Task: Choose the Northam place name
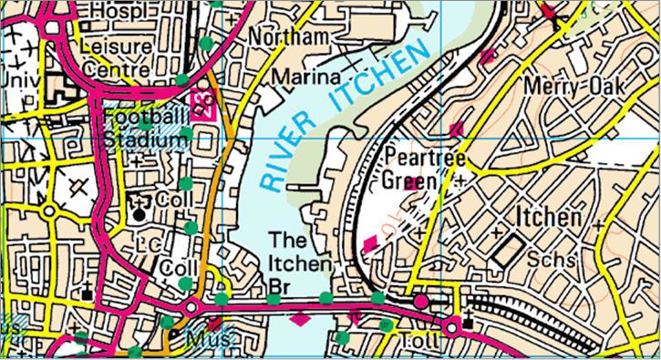click(x=293, y=37)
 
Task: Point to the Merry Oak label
click(x=574, y=86)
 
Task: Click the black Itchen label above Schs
click(x=548, y=218)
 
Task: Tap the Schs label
click(x=557, y=260)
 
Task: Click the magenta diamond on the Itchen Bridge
click(x=299, y=319)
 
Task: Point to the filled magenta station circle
click(x=420, y=301)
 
